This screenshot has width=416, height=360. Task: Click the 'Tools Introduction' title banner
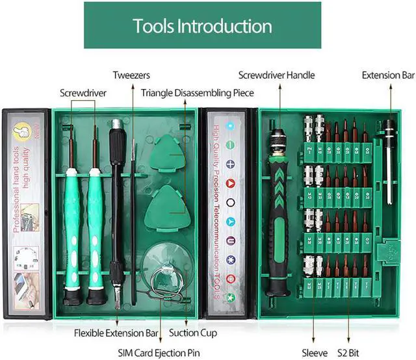[202, 25]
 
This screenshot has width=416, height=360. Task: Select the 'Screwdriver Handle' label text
[276, 75]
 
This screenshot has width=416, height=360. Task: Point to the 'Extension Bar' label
[388, 75]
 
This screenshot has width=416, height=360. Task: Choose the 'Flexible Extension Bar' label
[116, 333]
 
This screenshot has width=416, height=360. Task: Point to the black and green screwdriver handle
[278, 214]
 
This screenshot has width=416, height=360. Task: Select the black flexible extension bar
[117, 208]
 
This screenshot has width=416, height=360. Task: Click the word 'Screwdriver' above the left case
[83, 93]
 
